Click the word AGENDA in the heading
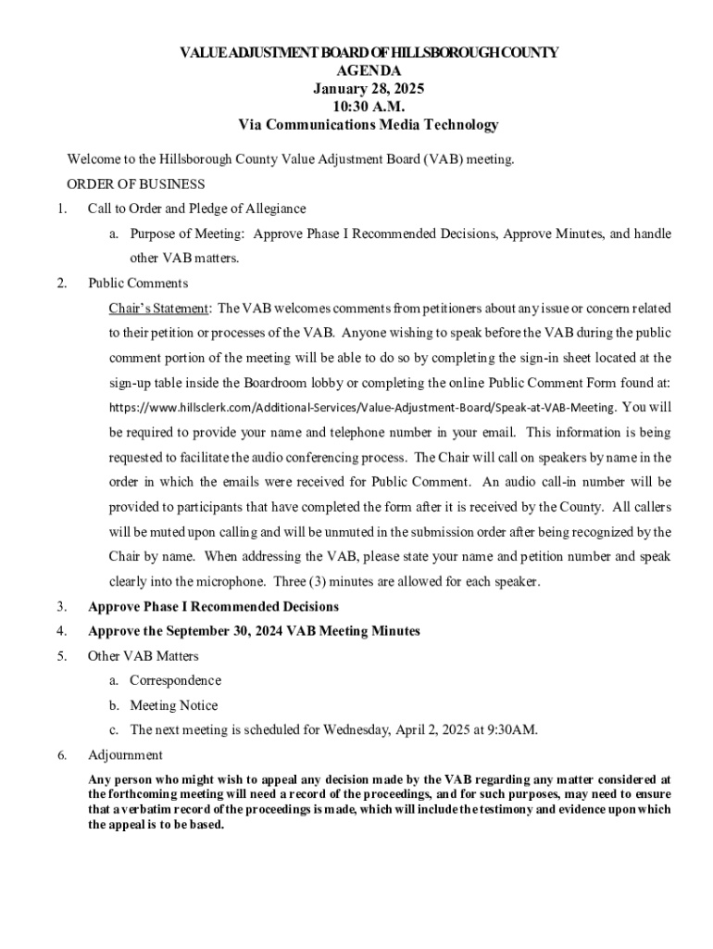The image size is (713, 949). [x=369, y=70]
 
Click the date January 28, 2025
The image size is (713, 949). [x=369, y=89]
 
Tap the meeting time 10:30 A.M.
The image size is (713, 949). [x=369, y=107]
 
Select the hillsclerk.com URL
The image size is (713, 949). [x=362, y=408]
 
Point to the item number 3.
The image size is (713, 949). [x=61, y=607]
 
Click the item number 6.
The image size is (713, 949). [x=61, y=755]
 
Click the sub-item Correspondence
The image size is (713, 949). [x=175, y=680]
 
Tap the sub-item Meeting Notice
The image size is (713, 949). [x=174, y=705]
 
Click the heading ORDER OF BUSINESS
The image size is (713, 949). [x=136, y=184]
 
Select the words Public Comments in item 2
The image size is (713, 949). [x=138, y=284]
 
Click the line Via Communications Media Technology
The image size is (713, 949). [x=369, y=125]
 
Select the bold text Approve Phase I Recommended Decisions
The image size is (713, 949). [x=213, y=607]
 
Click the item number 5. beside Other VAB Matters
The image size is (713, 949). [x=61, y=656]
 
